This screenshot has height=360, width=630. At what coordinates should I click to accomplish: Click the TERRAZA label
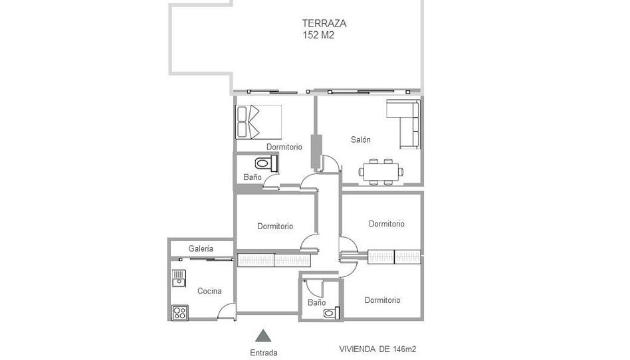[x=324, y=23]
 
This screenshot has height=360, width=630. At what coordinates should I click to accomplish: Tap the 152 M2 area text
[x=318, y=35]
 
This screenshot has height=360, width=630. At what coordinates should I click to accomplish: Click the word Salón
[x=360, y=139]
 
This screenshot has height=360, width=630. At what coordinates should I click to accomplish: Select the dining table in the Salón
[x=381, y=172]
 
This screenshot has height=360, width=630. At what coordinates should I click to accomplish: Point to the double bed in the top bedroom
[x=259, y=122]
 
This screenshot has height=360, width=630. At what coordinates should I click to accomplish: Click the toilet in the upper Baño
[x=266, y=163]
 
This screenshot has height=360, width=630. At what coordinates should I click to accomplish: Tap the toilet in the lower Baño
[x=332, y=313]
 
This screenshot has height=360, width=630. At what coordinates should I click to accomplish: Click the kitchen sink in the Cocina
[x=179, y=278]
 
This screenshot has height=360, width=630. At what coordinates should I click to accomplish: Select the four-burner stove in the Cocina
[x=179, y=313]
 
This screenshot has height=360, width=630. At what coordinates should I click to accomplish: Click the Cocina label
[x=209, y=291]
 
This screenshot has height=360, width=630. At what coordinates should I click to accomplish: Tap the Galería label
[x=201, y=248]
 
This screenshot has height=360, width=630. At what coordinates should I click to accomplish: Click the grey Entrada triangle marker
[x=263, y=335]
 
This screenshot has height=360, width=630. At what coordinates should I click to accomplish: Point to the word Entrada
[x=264, y=353]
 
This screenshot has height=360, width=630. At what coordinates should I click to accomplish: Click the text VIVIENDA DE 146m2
[x=375, y=349]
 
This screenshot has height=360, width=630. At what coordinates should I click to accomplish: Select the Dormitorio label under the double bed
[x=284, y=147]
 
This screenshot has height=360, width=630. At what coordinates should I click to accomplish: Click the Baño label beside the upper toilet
[x=253, y=177]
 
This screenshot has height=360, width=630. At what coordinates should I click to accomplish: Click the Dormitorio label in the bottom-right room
[x=382, y=300]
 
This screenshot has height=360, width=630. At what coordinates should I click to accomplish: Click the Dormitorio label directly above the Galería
[x=275, y=226]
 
